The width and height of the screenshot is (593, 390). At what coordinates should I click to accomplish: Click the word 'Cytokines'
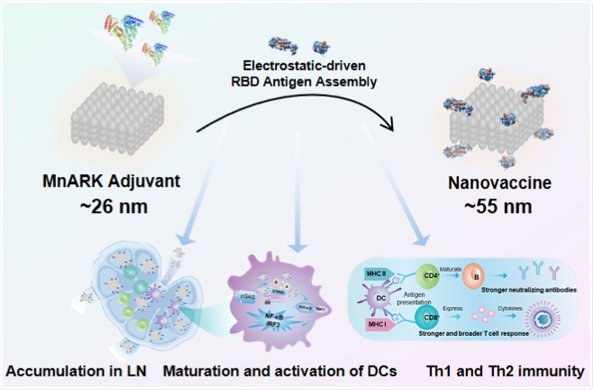(x=510, y=309)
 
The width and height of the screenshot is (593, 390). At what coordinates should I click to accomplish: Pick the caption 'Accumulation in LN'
(x=76, y=371)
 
